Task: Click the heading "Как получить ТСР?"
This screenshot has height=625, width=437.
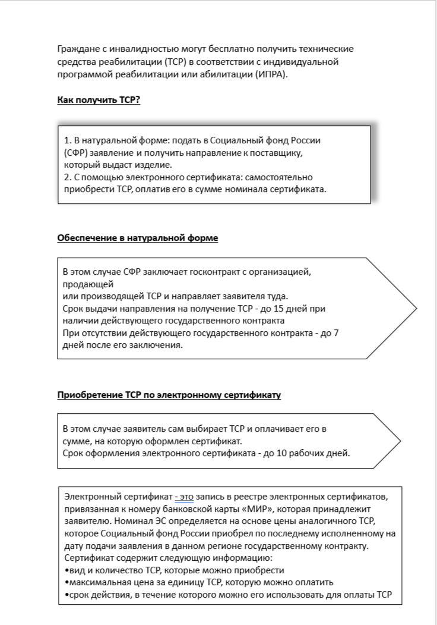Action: (x=98, y=100)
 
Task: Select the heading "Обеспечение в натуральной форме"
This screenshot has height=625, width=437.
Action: (x=137, y=238)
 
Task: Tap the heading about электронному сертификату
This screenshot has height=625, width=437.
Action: (x=169, y=395)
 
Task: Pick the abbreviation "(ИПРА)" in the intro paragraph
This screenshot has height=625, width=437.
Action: (x=270, y=75)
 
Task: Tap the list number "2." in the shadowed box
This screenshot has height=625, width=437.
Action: (x=68, y=177)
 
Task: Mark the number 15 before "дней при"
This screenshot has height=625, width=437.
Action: (x=281, y=309)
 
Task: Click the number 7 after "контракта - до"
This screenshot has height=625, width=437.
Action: (x=337, y=333)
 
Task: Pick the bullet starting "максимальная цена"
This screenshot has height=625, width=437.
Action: (x=198, y=582)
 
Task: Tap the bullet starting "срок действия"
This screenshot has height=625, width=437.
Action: (x=228, y=595)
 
